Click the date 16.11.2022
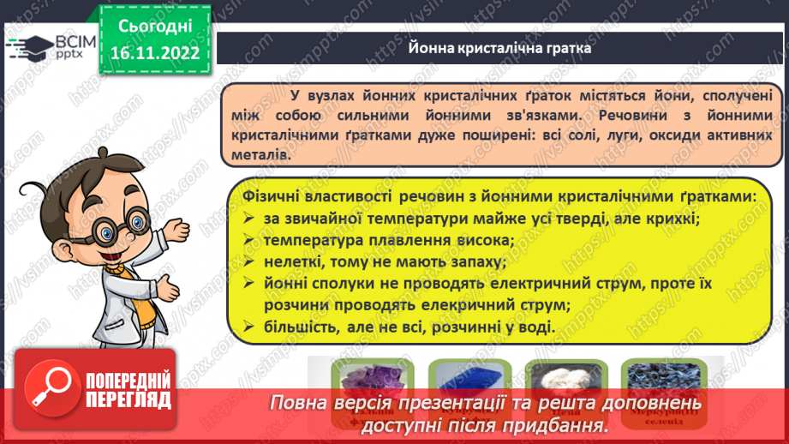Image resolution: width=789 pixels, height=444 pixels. pyautogui.click(x=154, y=52)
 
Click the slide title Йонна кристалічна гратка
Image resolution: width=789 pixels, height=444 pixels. pyautogui.click(x=499, y=48)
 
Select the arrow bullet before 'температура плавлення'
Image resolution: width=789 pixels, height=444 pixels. pyautogui.click(x=248, y=241)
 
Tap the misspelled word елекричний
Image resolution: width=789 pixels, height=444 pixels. pyautogui.click(x=466, y=304)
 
